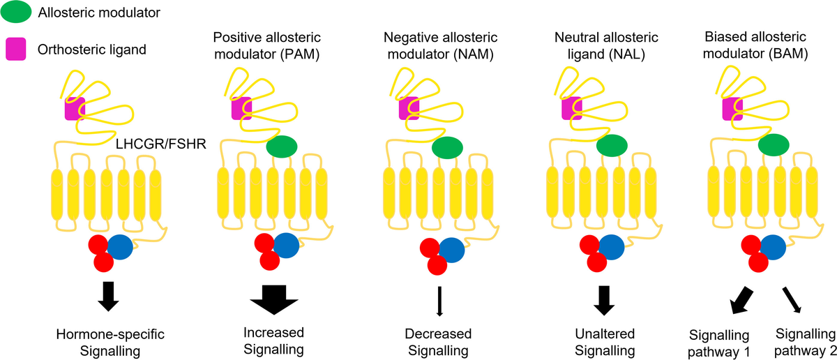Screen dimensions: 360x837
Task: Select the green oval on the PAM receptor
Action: [281, 146]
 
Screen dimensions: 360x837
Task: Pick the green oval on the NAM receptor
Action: [447, 147]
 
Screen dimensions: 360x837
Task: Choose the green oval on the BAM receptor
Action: [774, 146]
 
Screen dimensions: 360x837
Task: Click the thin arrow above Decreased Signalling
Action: [439, 302]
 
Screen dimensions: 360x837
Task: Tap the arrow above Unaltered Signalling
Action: [605, 299]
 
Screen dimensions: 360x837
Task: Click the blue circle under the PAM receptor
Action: [286, 244]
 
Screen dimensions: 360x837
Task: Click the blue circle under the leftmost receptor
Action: [121, 246]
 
